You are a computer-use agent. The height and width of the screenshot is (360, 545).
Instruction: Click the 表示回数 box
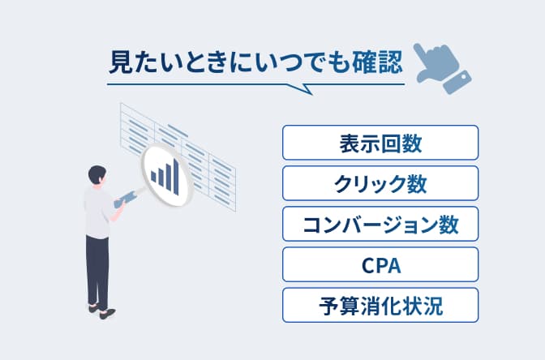point(380,143)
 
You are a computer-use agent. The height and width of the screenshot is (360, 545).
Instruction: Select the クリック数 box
point(380,183)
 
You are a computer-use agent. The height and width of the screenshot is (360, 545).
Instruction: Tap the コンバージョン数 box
point(380,224)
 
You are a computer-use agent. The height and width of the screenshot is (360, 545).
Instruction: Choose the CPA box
point(380,264)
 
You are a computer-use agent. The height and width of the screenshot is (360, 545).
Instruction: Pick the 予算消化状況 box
point(380,306)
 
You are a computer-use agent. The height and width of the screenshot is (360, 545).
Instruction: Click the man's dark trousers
point(97,268)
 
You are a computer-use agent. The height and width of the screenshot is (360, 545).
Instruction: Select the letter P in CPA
point(380,265)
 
